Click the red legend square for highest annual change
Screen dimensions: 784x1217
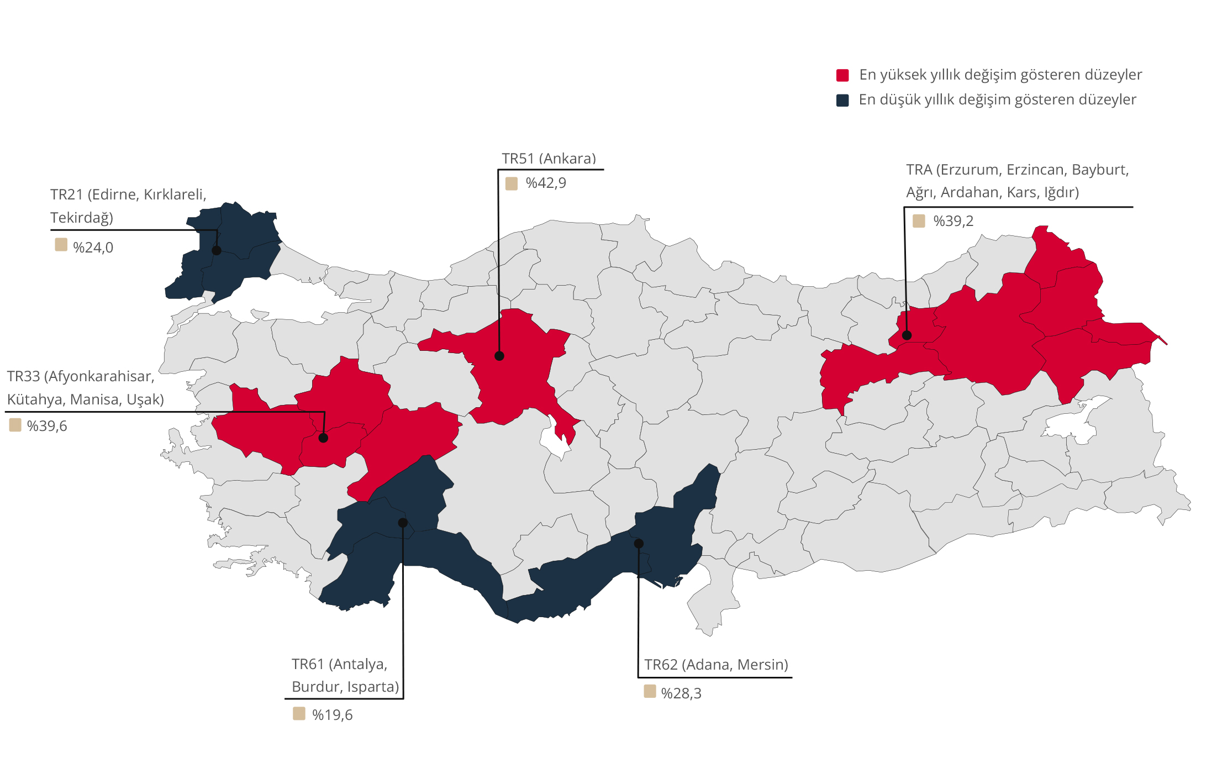click(842, 75)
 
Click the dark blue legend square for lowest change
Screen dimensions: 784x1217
click(842, 100)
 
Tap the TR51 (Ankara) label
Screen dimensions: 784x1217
click(549, 159)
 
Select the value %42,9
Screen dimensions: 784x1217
click(546, 183)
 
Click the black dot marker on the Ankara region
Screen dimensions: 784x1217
click(499, 356)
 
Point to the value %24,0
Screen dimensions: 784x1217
click(93, 248)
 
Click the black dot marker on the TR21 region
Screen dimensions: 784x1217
click(217, 250)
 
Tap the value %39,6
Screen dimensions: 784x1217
click(47, 426)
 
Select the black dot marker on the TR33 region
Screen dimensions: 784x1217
click(324, 438)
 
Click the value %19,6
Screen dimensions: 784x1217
click(332, 715)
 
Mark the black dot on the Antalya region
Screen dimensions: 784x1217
click(403, 523)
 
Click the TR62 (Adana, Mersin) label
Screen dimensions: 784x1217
click(716, 665)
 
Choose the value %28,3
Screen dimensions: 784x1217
click(681, 693)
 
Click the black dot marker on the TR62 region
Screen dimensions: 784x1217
click(639, 544)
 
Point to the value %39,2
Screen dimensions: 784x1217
click(953, 221)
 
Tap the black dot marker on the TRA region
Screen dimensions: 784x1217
click(907, 335)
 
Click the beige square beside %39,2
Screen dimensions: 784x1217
click(919, 221)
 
